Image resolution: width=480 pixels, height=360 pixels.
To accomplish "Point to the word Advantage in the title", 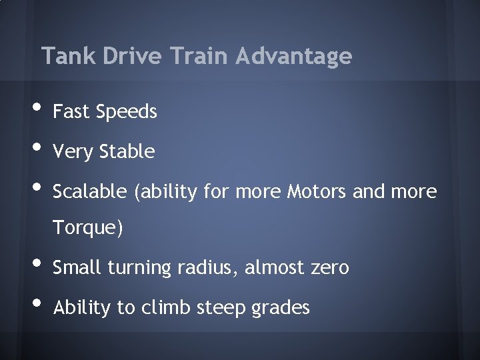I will pyautogui.click(x=293, y=56).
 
